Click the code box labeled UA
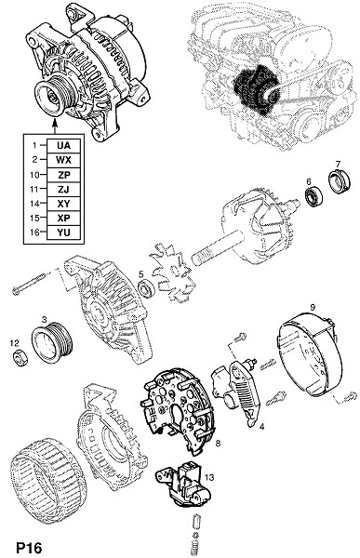64,146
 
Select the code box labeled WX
64,160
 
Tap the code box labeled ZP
64,175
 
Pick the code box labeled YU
64,232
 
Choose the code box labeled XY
64,204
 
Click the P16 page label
29,548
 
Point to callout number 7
338,164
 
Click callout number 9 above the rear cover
313,308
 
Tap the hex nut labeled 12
20,357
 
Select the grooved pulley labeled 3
52,342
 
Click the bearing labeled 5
146,288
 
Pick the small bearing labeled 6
313,194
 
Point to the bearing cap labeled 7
339,181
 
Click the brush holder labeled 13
184,482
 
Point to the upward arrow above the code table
55,126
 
